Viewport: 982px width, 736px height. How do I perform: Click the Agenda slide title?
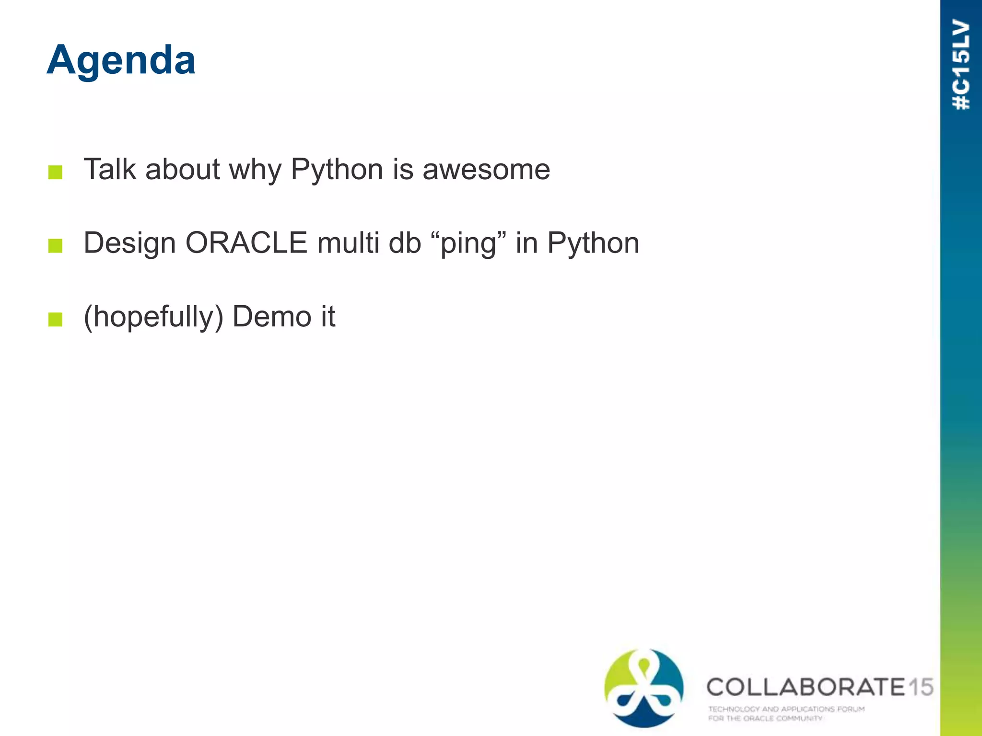tap(121, 60)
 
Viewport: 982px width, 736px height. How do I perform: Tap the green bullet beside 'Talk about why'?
tap(56, 172)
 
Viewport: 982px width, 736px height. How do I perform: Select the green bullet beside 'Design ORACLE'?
tap(56, 246)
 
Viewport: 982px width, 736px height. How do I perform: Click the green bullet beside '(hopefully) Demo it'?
tap(56, 319)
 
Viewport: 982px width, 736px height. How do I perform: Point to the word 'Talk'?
tap(110, 170)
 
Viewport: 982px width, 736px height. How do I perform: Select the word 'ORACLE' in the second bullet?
tap(246, 243)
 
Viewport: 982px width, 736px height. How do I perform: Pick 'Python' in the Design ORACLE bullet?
tap(593, 244)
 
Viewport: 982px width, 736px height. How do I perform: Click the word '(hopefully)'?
tap(153, 317)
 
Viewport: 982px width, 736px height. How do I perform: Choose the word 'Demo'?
tap(271, 317)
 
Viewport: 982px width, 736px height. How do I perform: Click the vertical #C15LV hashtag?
tap(961, 65)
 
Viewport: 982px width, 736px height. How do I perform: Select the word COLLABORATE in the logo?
tap(806, 687)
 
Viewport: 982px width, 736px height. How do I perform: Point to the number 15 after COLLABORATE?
tap(920, 687)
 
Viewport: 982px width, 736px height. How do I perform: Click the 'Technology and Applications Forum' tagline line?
tap(786, 709)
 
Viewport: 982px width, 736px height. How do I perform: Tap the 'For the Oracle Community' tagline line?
tap(765, 718)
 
